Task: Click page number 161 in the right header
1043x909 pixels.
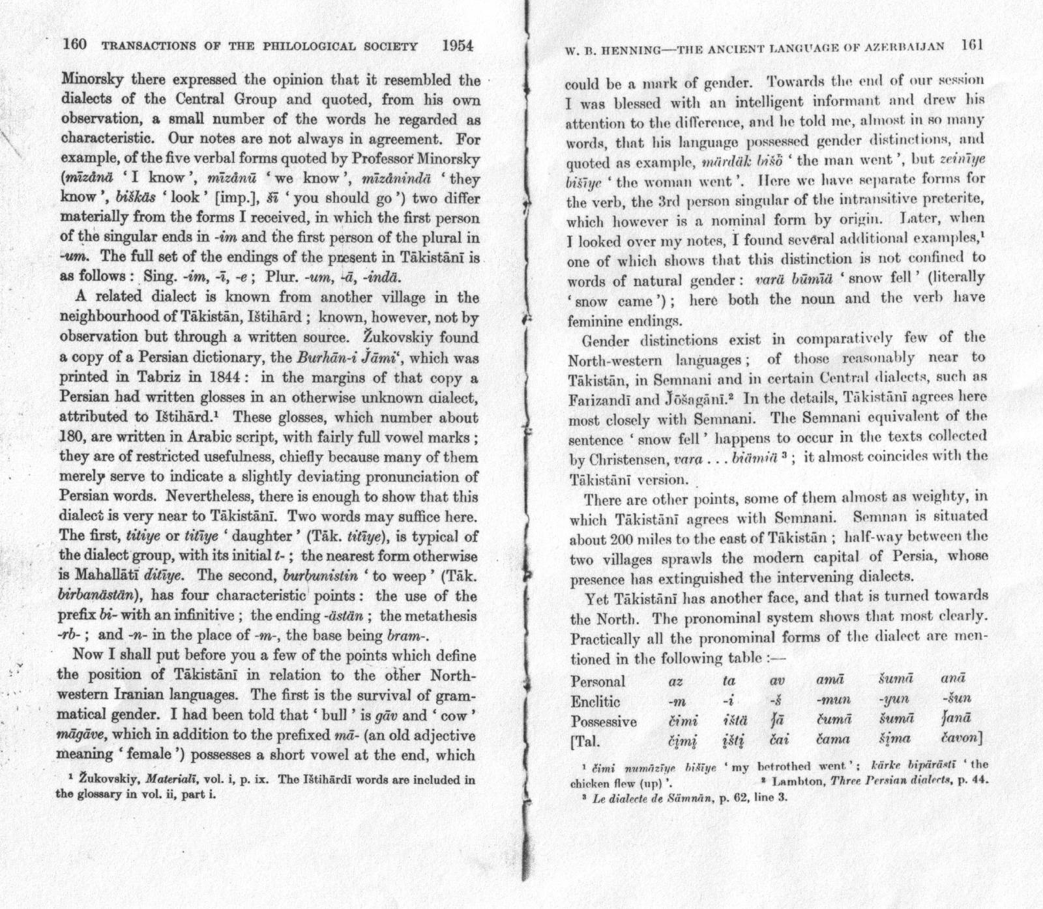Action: pyautogui.click(x=972, y=46)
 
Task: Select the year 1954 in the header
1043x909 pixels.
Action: pyautogui.click(x=457, y=46)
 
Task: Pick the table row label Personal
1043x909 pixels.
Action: pyautogui.click(x=598, y=682)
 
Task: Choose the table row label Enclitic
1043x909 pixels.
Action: pyautogui.click(x=595, y=702)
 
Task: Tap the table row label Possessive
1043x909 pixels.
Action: pyautogui.click(x=604, y=722)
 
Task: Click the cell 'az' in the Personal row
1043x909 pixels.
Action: pyautogui.click(x=675, y=682)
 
